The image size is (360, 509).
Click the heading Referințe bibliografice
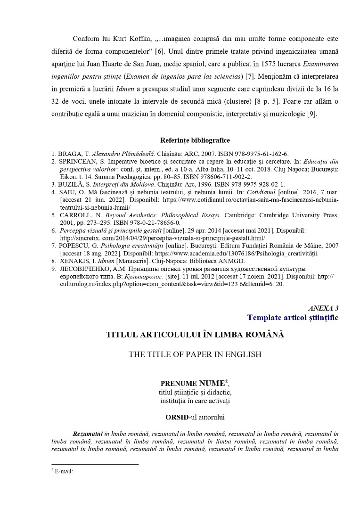(195, 140)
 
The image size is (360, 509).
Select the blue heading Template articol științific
(293, 317)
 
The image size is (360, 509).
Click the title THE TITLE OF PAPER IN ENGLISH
(195, 354)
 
